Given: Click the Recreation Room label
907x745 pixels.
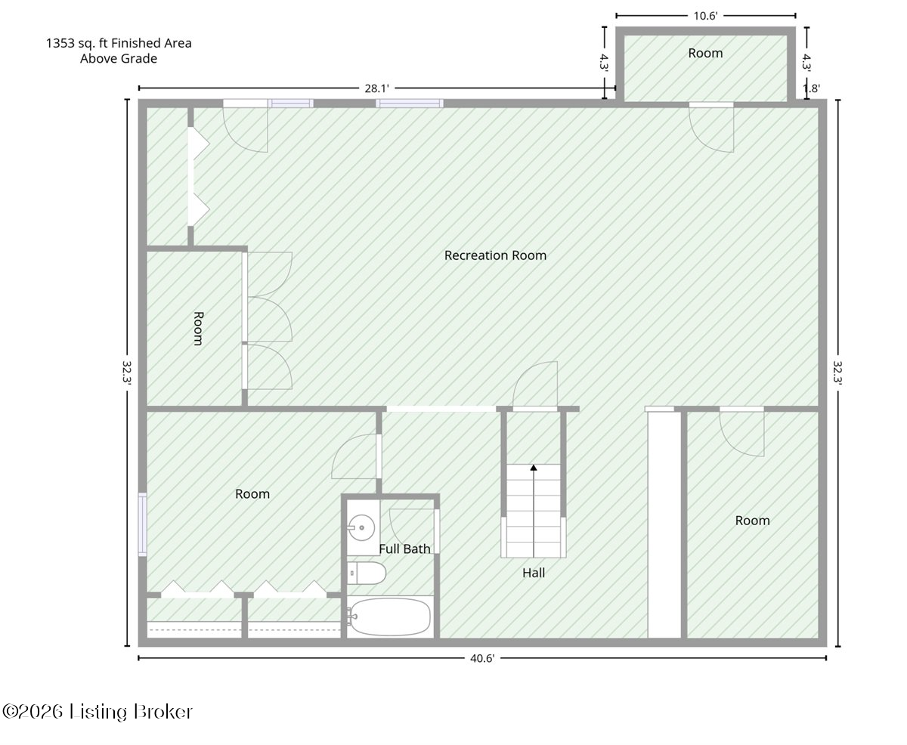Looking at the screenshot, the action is (495, 255).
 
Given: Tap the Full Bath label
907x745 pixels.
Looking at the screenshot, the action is (404, 549).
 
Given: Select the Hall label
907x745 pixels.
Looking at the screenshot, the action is (534, 573).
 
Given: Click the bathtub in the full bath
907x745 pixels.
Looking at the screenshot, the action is (389, 617).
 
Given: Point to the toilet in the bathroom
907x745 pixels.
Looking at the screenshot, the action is (366, 573).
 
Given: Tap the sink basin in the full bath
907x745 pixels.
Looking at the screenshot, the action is (361, 527).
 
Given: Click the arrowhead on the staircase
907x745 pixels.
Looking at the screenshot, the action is (534, 467).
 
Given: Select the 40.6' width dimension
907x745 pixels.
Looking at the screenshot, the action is (482, 658).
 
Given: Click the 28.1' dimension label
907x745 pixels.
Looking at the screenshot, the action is (376, 88).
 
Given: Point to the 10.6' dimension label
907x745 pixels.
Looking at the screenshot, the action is (705, 16).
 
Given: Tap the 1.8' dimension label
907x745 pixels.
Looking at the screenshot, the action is (811, 88).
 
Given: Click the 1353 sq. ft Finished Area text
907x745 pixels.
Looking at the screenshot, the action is (119, 43).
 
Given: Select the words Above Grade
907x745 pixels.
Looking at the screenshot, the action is (119, 58).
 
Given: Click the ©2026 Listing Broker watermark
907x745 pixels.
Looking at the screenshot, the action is (98, 712).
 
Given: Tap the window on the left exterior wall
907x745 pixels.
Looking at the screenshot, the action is (142, 524).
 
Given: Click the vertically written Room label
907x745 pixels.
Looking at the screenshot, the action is (198, 329).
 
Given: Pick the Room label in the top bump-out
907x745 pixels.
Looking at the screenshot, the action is (705, 53).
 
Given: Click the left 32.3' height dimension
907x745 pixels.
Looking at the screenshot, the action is (127, 372).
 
